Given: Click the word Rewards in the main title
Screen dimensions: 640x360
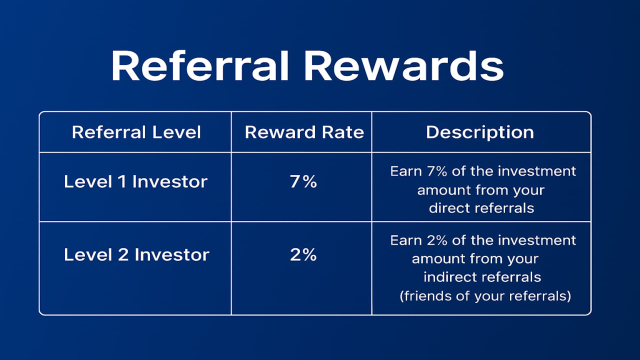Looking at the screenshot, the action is click(403, 66).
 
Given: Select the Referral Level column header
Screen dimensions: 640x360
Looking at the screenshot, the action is click(136, 132).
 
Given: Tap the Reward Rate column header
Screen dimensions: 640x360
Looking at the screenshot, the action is click(304, 132).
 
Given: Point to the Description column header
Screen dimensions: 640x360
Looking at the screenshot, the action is click(480, 132).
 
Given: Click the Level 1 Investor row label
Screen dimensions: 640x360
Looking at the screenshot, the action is click(135, 181).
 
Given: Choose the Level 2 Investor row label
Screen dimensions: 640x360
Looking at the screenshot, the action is click(136, 255).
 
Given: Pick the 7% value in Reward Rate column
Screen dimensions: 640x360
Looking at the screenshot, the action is click(303, 181).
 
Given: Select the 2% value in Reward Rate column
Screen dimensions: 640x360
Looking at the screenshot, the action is click(303, 255).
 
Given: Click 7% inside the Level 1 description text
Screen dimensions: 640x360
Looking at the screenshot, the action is click(437, 171).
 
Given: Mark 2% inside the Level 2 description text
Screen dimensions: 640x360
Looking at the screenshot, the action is click(437, 240).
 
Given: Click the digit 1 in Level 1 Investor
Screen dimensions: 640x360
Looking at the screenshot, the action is click(122, 181).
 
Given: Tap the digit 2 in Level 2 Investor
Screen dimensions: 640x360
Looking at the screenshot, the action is click(123, 255).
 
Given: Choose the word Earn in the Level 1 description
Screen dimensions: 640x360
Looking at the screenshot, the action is click(406, 171).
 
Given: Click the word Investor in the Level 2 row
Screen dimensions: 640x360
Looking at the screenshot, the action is click(172, 255).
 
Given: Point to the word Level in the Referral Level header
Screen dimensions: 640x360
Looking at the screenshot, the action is click(176, 132).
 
